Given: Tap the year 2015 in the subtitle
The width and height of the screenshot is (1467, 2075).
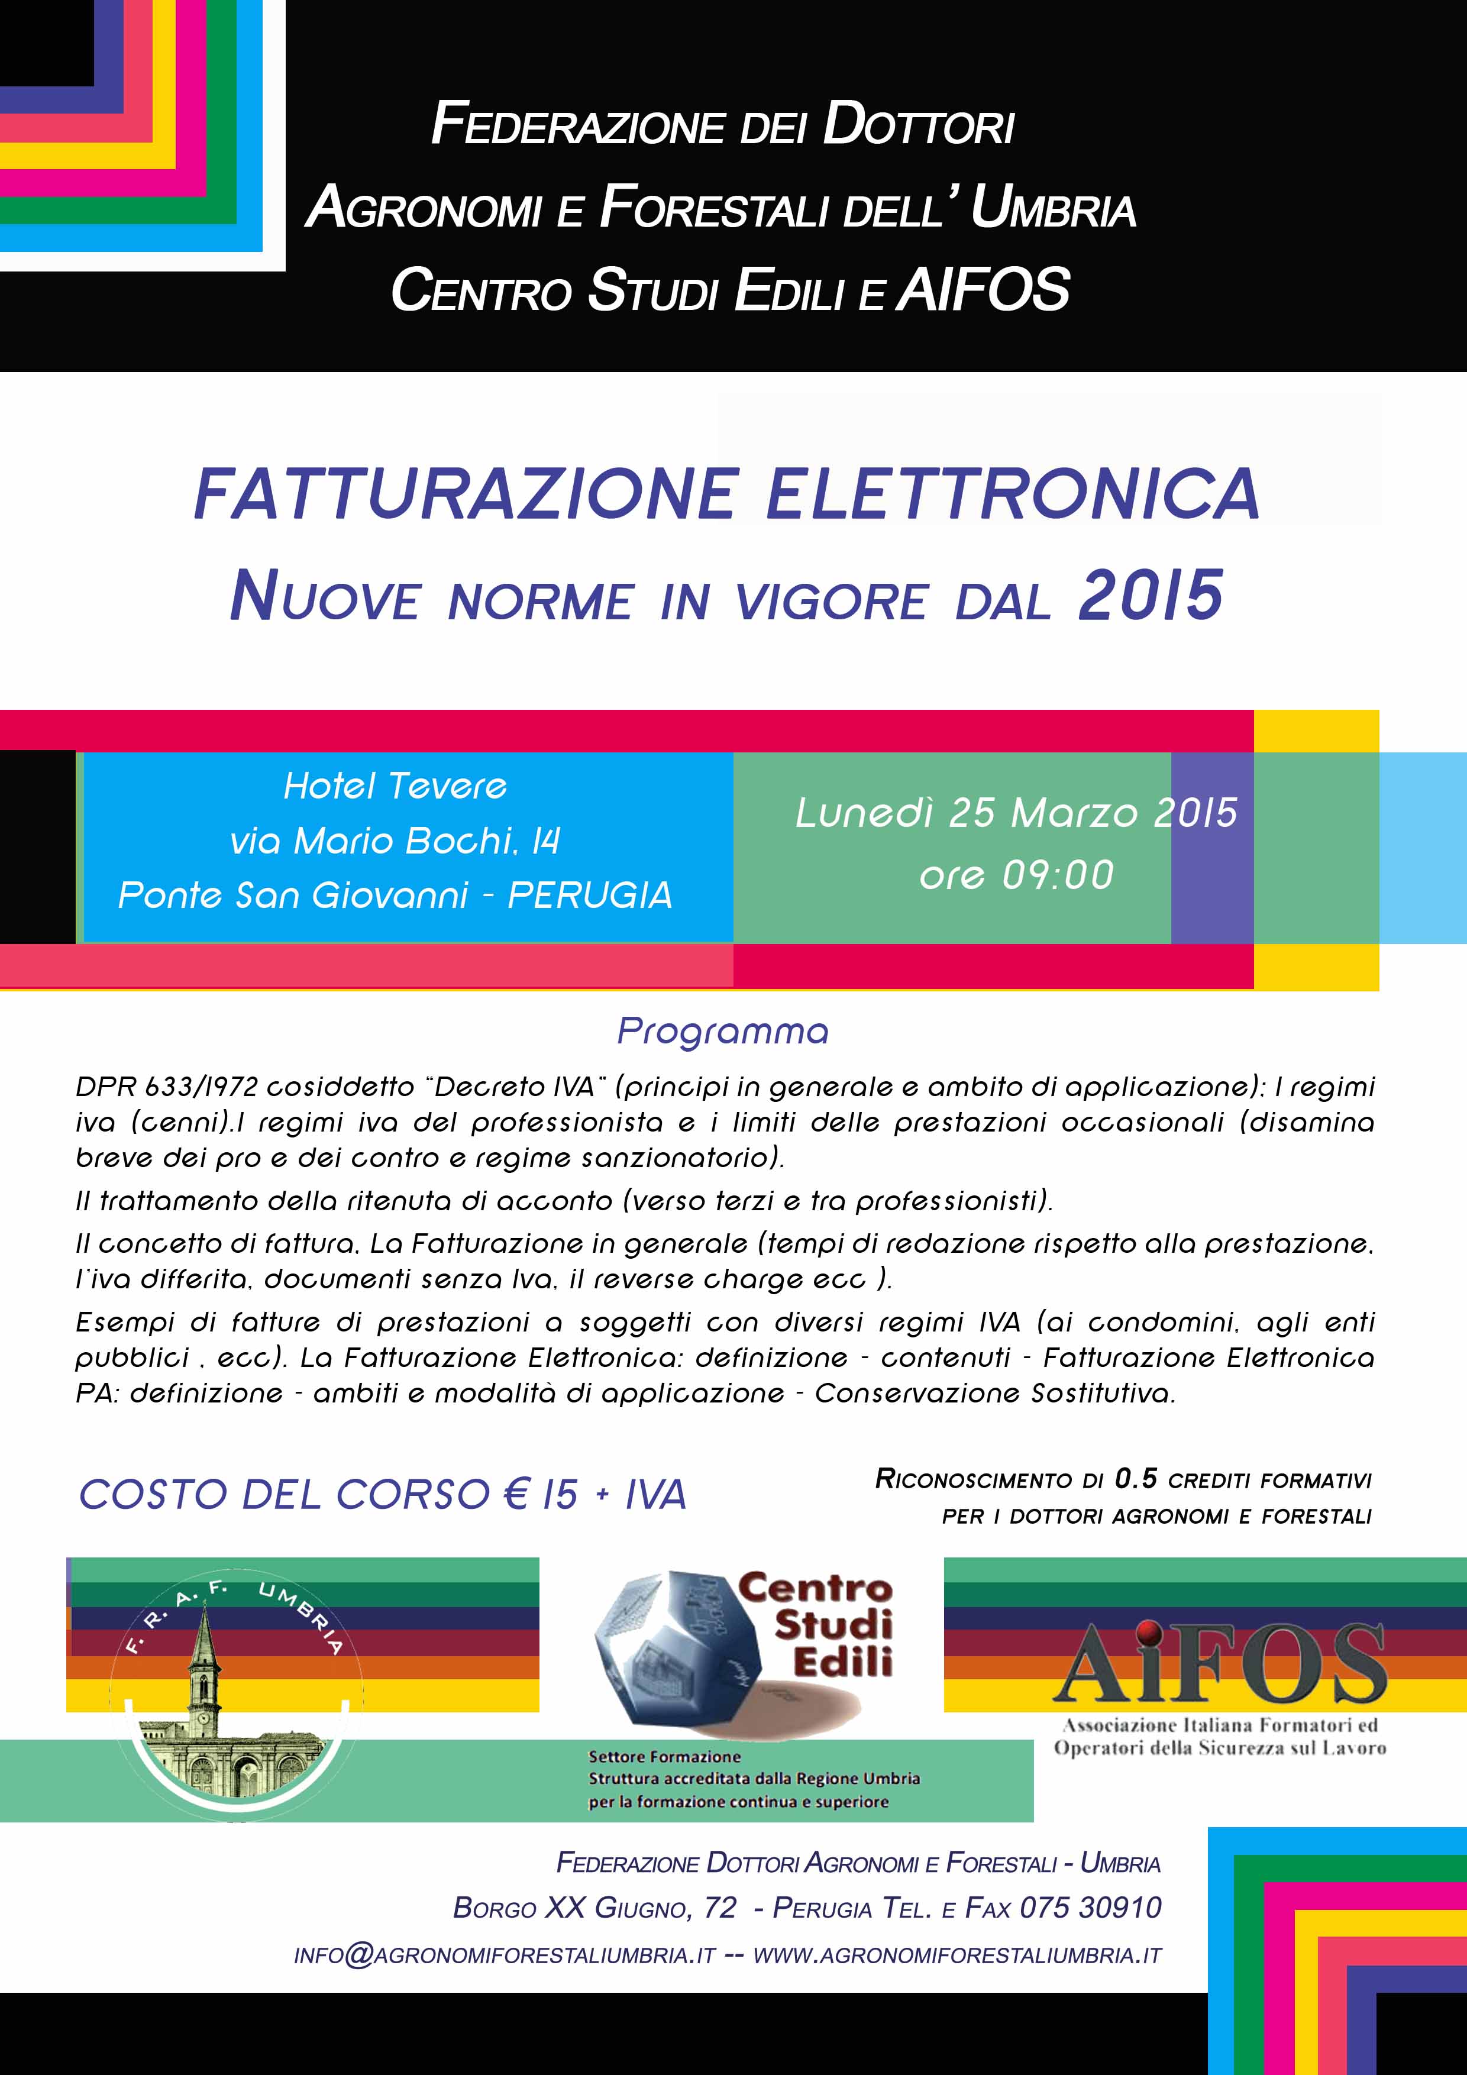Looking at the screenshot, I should coord(1151,596).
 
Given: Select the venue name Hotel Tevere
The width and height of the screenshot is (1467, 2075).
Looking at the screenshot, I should coord(395,786).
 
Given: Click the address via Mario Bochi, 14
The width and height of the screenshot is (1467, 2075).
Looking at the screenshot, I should coord(395,841).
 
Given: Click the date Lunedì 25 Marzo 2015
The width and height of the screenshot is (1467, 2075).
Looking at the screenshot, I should coord(1016,813).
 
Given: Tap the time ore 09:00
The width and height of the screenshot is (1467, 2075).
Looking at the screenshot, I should coord(1016,875).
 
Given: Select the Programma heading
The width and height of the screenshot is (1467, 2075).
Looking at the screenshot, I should coord(722,1031).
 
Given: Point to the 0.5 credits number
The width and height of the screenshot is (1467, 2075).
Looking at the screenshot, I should coord(1135,1479).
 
